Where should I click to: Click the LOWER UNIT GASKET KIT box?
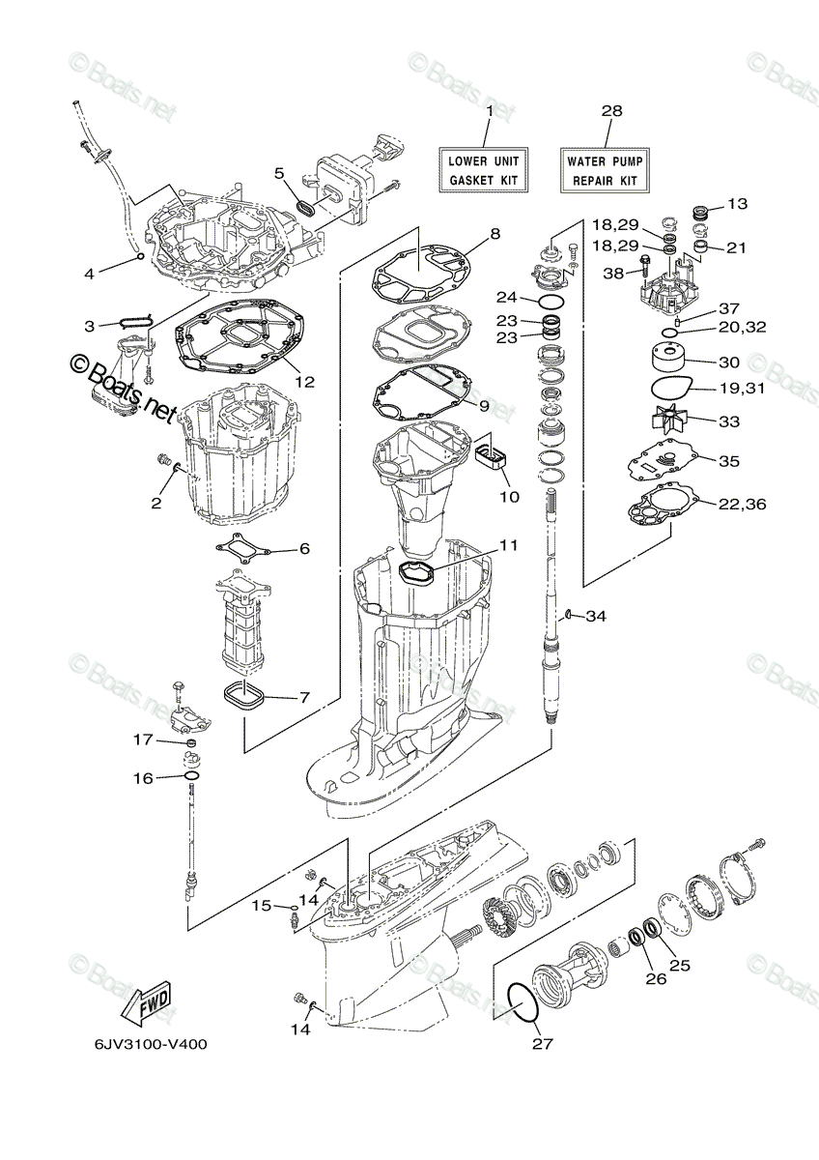tap(484, 170)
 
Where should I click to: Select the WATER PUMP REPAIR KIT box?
tap(605, 170)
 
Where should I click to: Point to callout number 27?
tap(540, 1043)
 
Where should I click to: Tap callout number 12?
tap(305, 381)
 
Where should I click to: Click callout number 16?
tap(143, 777)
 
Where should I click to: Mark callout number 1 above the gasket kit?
tap(490, 111)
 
